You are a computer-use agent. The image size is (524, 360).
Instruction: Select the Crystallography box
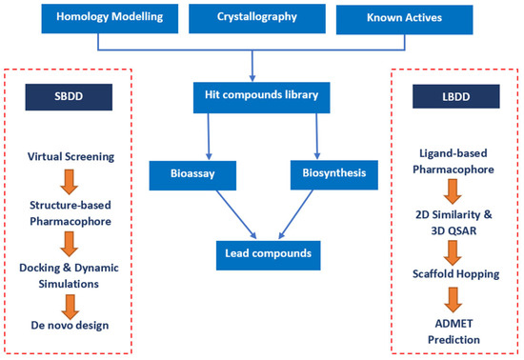coord(257,17)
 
